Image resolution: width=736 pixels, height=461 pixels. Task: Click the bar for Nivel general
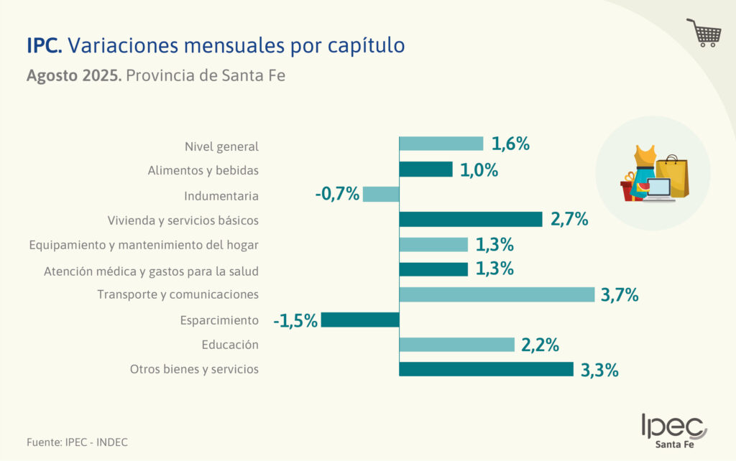tap(441, 144)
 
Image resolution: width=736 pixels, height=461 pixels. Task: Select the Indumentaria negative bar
tap(381, 194)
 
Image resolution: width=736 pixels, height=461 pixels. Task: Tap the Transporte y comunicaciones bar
tap(497, 294)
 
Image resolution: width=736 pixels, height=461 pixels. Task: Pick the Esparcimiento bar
tap(360, 320)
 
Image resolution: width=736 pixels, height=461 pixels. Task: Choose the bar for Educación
tap(456, 345)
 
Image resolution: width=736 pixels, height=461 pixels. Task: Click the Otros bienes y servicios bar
tap(486, 369)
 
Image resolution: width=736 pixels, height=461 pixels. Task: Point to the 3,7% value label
tap(620, 294)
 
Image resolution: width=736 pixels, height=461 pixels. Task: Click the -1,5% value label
tap(295, 320)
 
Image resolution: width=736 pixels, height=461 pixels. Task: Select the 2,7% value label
tap(569, 219)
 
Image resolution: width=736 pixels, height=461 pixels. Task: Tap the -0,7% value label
tap(337, 194)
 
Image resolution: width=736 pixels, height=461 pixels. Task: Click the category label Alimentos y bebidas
tap(203, 171)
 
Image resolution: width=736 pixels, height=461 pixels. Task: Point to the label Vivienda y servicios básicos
tap(183, 220)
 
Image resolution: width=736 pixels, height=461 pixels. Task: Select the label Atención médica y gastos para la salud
tap(151, 271)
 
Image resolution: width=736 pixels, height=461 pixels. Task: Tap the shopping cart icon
tap(704, 33)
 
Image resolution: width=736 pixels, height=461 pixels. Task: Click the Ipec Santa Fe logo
tap(673, 431)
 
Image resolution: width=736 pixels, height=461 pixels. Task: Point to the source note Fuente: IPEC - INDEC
tap(72, 442)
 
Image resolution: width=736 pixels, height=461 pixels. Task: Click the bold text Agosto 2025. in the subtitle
tap(73, 75)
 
